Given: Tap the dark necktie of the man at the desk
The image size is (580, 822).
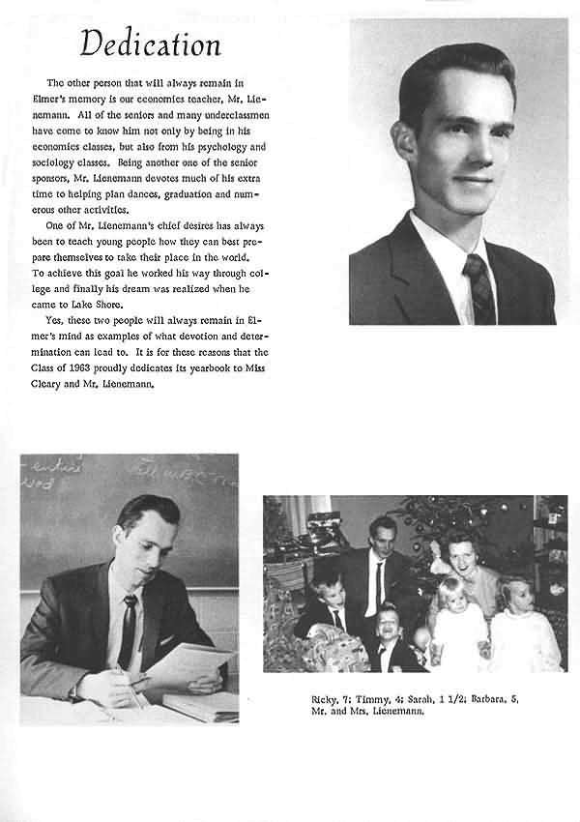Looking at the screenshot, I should [128, 630].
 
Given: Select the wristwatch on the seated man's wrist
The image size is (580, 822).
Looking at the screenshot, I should [73, 692].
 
